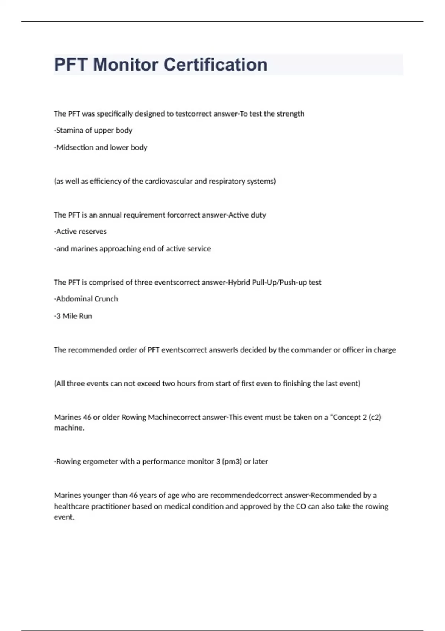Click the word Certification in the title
click(215, 65)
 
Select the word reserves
click(92, 232)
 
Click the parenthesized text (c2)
click(375, 417)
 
